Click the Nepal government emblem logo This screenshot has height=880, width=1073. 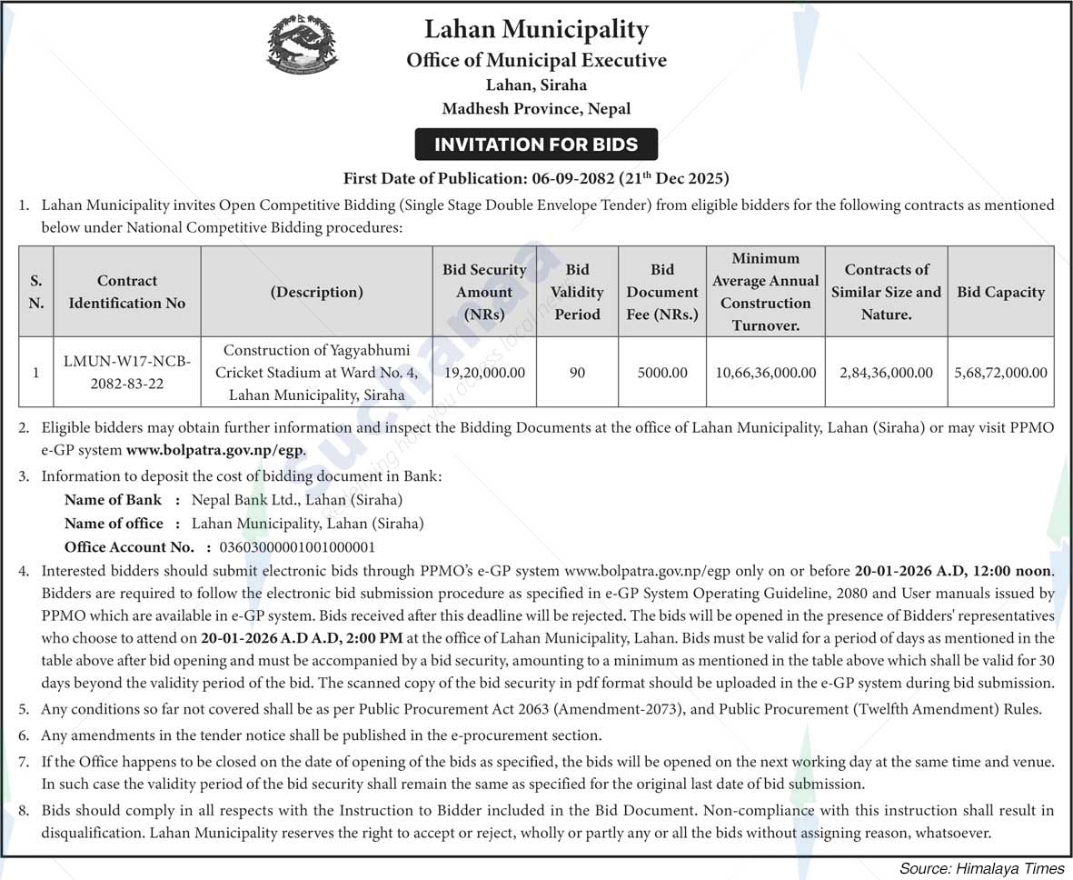click(x=303, y=44)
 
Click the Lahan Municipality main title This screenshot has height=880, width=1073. click(x=536, y=30)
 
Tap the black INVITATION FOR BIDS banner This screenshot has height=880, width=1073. click(x=536, y=145)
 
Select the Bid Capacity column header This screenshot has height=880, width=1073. click(x=1000, y=293)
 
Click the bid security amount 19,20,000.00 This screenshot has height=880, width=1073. click(x=484, y=373)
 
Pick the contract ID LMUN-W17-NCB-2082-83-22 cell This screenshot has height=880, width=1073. click(x=127, y=373)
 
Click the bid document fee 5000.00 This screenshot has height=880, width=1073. click(x=662, y=373)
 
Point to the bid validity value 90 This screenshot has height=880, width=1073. click(x=577, y=373)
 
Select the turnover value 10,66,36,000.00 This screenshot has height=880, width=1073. click(x=765, y=373)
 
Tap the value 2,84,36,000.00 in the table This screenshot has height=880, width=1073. click(x=886, y=373)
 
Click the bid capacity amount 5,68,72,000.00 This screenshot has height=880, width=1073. click(x=1000, y=373)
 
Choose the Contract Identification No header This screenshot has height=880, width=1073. click(x=127, y=292)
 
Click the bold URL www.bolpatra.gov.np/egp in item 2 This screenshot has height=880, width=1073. click(x=215, y=450)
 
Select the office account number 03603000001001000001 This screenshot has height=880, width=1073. click(x=291, y=547)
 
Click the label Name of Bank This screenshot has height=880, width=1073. click(x=113, y=499)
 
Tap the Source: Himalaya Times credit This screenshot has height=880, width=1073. click(x=981, y=867)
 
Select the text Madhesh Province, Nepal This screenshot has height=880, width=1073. click(x=536, y=109)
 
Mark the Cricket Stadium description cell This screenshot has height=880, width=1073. click(x=316, y=373)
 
